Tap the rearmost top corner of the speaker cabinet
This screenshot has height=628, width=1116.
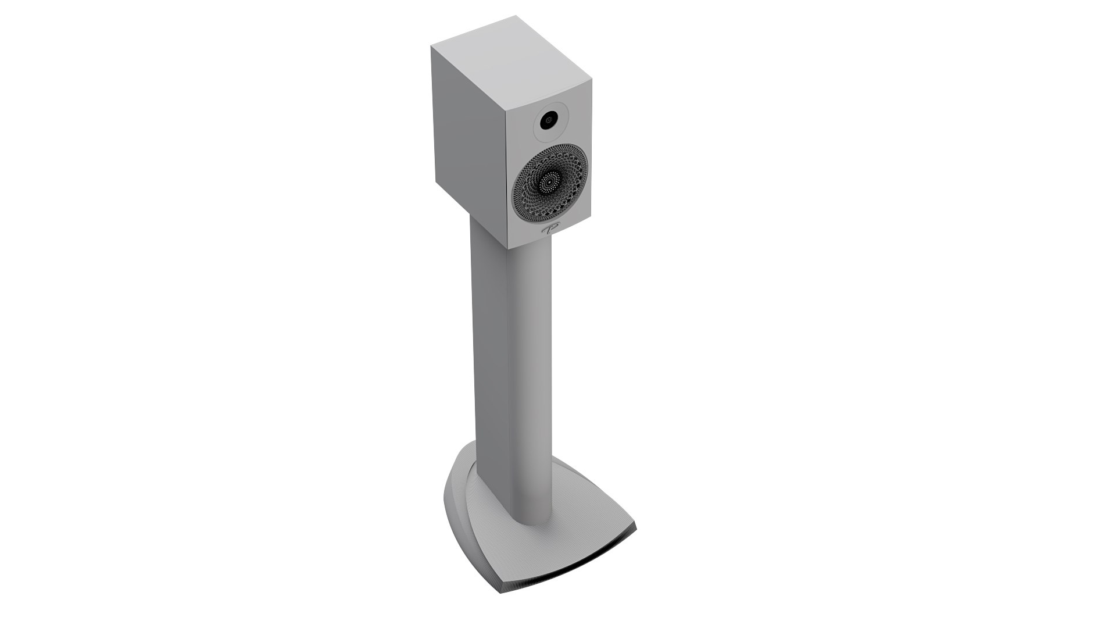click(x=516, y=17)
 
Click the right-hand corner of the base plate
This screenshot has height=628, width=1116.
click(x=635, y=527)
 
